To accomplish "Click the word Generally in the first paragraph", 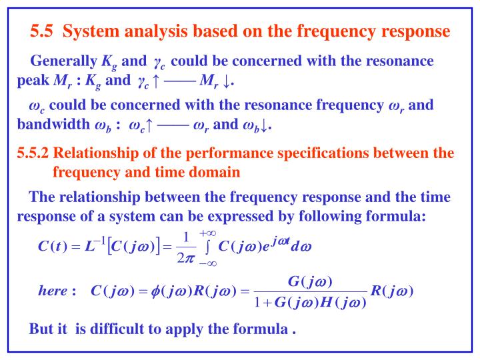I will coord(64,62).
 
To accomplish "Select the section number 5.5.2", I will coord(33,153).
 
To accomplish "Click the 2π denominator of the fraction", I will coord(187,255).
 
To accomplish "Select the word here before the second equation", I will coord(53,291).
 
